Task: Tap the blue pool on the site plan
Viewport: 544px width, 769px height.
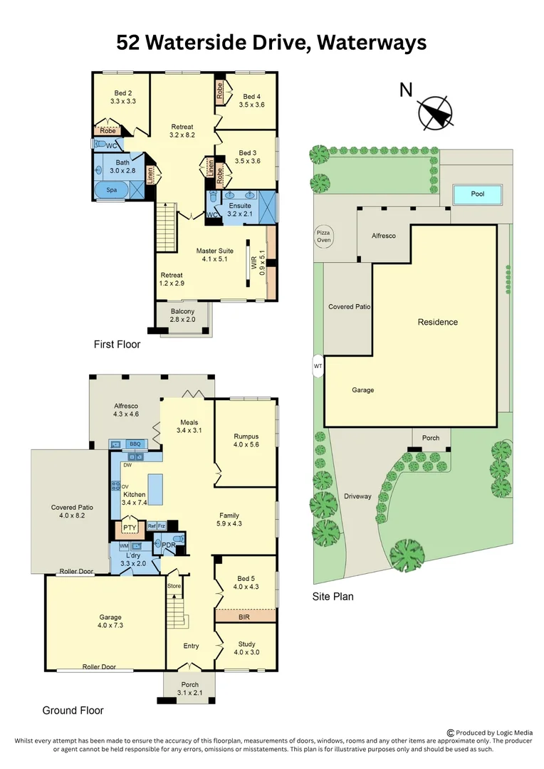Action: (477, 194)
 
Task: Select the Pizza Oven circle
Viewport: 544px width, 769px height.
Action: (324, 236)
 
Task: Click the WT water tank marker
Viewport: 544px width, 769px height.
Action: (318, 367)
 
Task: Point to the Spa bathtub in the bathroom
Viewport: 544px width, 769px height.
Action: (112, 191)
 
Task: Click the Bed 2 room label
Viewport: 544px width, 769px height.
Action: (123, 93)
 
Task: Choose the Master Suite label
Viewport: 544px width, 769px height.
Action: (215, 251)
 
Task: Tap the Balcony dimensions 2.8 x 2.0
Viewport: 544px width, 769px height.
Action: (182, 320)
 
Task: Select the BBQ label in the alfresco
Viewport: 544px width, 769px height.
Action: (135, 444)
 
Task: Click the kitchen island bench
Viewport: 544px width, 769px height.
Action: (155, 489)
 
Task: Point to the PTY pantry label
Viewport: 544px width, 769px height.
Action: (130, 528)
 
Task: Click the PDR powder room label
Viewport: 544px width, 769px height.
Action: (168, 545)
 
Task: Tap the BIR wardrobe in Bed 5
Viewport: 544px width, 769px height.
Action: (245, 617)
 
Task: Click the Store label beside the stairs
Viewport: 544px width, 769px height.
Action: (174, 586)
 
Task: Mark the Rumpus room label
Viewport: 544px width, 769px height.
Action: (246, 436)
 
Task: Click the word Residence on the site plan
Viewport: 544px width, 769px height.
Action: (437, 322)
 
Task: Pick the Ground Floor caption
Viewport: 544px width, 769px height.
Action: (73, 710)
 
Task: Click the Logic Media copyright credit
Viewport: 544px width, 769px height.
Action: (490, 733)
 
